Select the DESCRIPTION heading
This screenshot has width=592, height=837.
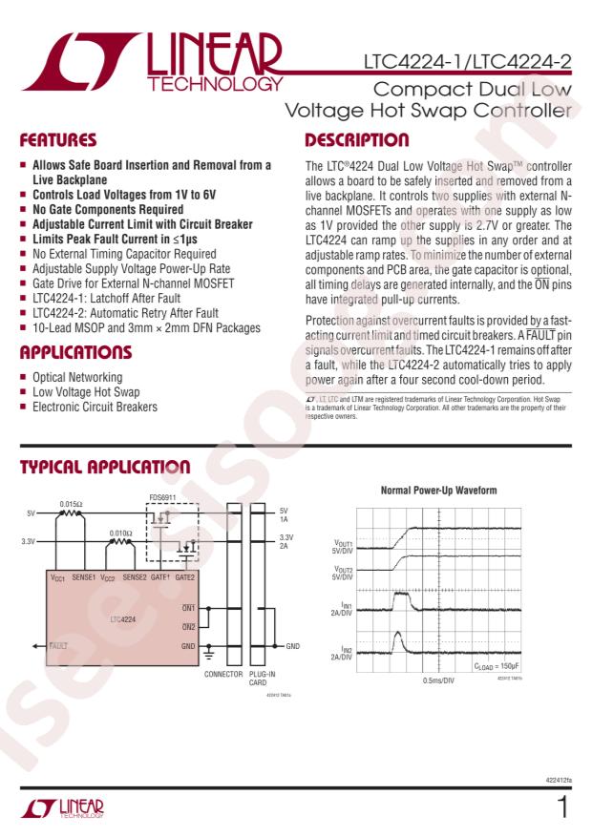pos(358,140)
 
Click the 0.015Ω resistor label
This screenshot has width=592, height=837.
pos(71,503)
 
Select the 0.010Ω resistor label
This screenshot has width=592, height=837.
pos(120,534)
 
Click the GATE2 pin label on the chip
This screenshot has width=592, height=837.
pos(185,577)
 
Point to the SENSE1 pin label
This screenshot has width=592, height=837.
pos(85,577)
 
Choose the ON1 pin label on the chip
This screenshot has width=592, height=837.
pos(188,608)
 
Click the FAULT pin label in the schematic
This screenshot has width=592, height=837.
pos(59,645)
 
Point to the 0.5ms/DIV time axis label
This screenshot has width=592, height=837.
pos(438,680)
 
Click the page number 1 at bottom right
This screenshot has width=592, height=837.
pos(563,808)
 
